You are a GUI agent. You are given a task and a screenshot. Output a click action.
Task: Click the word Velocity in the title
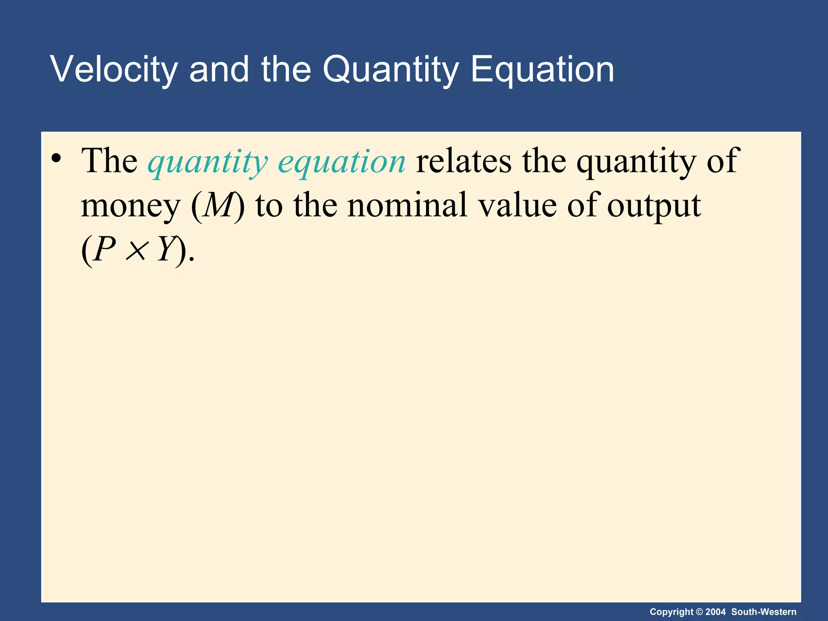114,70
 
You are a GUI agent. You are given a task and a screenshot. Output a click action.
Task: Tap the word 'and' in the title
219,70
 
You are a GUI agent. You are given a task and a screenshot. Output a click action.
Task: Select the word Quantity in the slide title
390,70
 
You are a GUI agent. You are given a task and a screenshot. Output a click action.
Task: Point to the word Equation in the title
542,70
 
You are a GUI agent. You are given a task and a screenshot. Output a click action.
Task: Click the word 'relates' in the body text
463,161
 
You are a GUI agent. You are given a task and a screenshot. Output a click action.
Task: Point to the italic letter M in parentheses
219,205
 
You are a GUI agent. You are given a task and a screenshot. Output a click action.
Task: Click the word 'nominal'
407,205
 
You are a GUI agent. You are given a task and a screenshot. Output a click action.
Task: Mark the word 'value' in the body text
517,205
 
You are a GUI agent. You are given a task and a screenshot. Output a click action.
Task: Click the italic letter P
105,249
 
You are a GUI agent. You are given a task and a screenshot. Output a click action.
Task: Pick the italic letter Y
166,249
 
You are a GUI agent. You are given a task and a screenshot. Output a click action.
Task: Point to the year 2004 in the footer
716,612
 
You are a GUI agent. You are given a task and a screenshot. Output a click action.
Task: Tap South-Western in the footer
764,612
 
